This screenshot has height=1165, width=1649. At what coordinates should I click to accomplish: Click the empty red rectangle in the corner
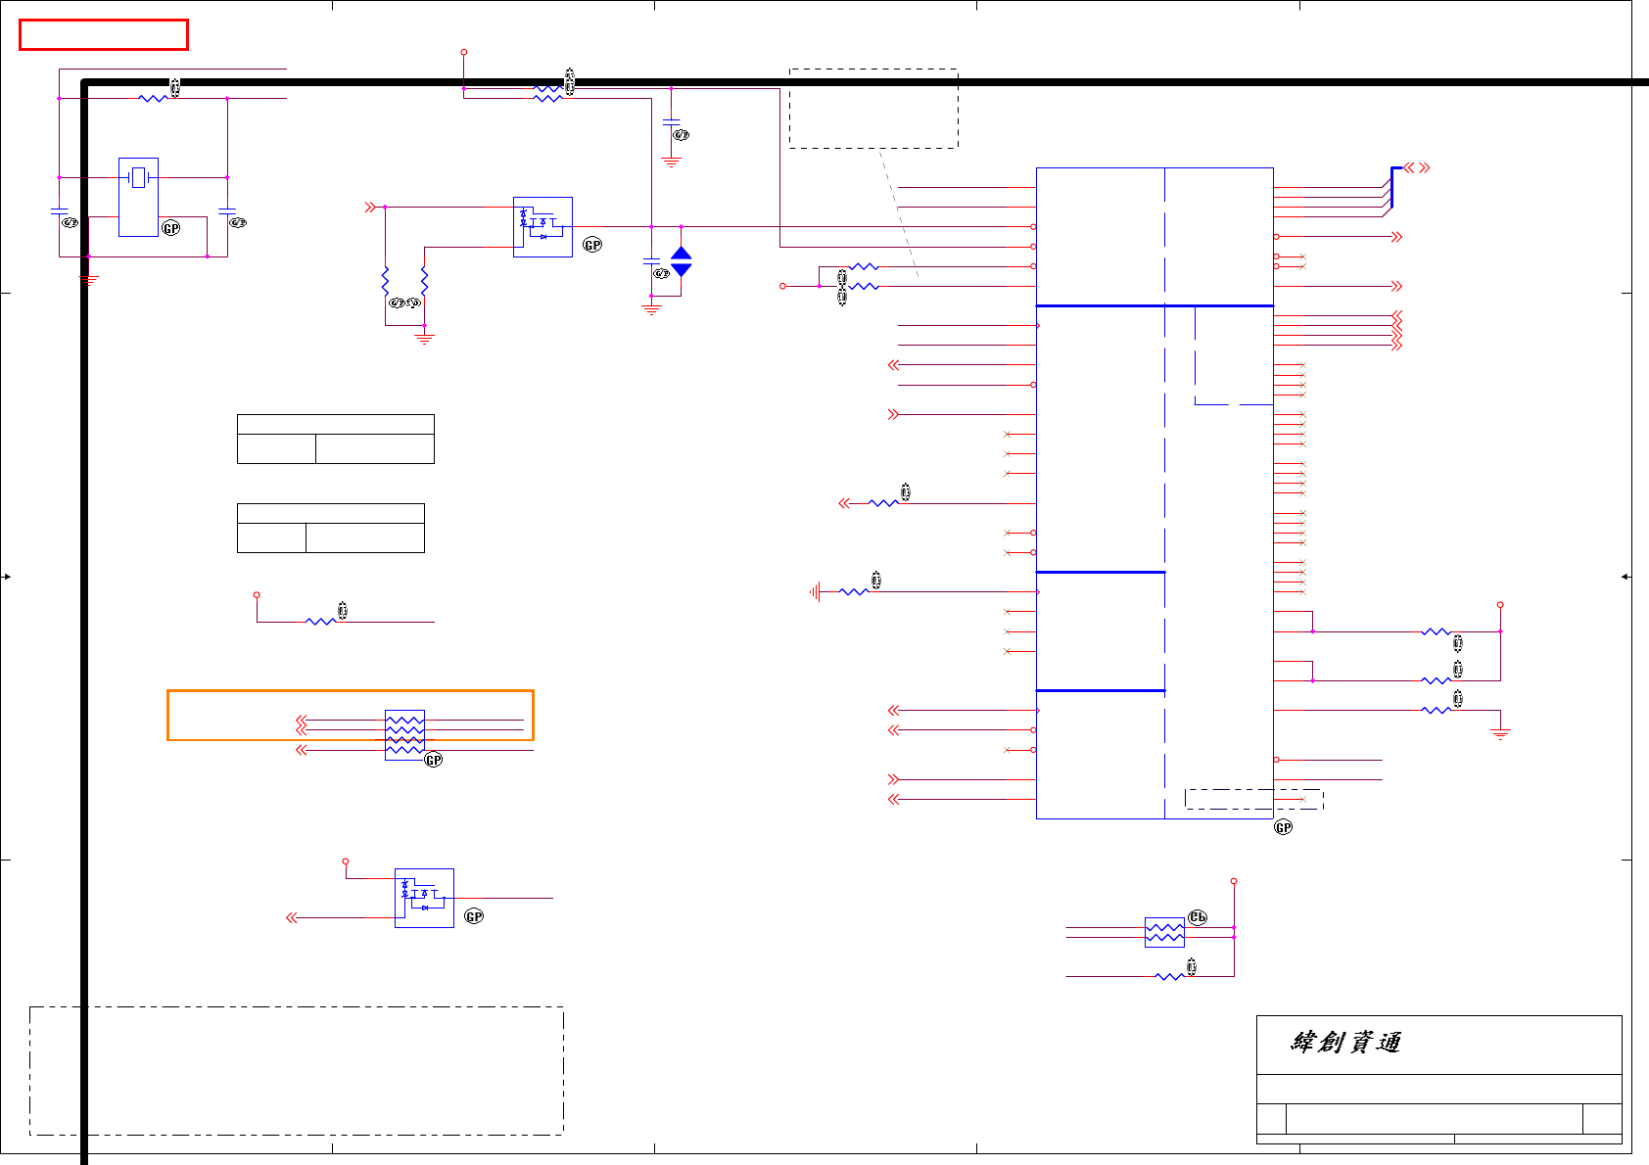click(103, 34)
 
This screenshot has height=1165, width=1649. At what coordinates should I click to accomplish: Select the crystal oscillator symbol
click(138, 178)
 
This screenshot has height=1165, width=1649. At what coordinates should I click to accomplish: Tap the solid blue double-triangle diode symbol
click(682, 261)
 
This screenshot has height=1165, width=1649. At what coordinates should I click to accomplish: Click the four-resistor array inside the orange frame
click(404, 734)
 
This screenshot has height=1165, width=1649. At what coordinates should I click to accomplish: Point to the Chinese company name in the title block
click(1345, 1043)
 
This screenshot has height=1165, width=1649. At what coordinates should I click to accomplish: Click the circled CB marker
click(1198, 917)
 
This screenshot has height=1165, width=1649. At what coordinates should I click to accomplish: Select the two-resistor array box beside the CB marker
click(1164, 932)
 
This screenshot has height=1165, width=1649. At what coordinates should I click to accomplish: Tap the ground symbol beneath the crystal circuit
click(89, 279)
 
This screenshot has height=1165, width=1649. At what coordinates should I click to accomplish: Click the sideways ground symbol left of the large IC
click(815, 591)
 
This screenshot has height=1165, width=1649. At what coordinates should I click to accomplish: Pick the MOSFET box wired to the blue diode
click(542, 227)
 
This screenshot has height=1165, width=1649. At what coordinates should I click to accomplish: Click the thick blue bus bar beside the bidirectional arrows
click(1392, 186)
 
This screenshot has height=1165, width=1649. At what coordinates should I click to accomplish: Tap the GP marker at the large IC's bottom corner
click(1283, 828)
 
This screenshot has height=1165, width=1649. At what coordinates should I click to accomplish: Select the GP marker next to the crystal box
click(171, 228)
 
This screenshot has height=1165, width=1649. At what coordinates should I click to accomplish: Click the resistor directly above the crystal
click(154, 98)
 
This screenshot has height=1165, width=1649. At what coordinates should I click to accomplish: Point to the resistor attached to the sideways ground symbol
click(854, 591)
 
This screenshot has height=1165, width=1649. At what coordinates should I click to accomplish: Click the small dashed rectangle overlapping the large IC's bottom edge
click(1253, 799)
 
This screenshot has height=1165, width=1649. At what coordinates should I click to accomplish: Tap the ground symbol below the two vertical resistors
click(424, 339)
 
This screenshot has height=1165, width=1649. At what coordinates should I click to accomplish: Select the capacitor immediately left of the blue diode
click(651, 261)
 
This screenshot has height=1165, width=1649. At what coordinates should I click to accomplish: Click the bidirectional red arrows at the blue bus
click(1416, 168)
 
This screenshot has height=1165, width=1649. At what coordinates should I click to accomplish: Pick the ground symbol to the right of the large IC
click(1500, 733)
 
